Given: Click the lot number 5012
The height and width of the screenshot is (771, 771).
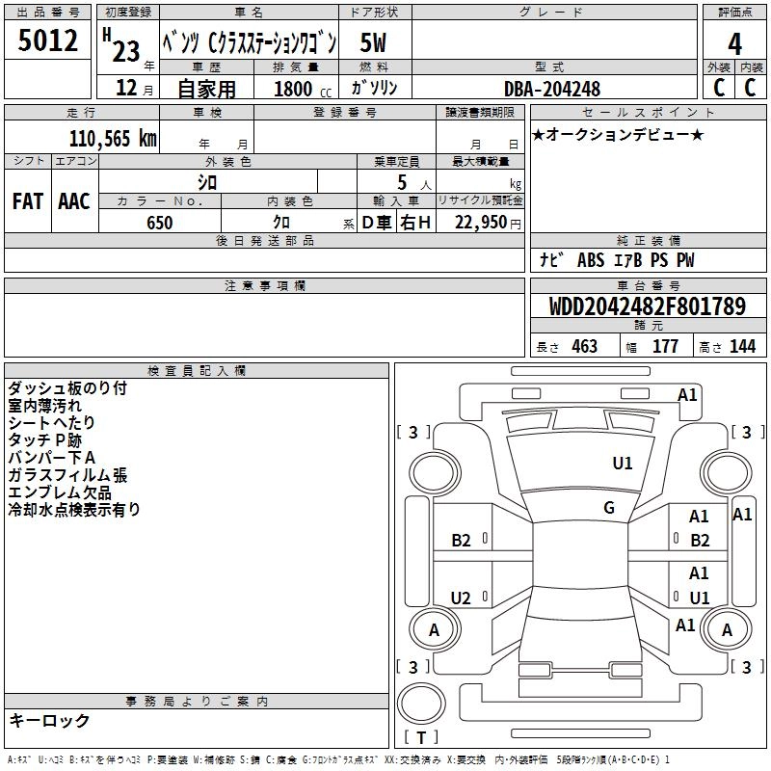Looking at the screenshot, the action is [x=48, y=41].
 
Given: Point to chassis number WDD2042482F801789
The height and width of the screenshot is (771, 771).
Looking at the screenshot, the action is [x=647, y=307].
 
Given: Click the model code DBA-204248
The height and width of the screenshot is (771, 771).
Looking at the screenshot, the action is [x=552, y=89].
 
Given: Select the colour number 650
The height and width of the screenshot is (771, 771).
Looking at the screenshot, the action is [x=160, y=223].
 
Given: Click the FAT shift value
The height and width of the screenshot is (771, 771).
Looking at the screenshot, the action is [x=28, y=201].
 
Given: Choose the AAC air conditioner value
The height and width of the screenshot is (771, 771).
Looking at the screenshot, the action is [x=74, y=201].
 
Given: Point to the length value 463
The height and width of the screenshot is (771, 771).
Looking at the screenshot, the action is [x=584, y=346].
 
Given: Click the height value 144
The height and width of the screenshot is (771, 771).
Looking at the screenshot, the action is [x=742, y=346].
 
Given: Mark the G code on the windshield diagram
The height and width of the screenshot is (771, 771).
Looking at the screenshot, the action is [x=609, y=507].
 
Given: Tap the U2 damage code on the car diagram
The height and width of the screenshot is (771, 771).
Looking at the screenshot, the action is [x=462, y=598].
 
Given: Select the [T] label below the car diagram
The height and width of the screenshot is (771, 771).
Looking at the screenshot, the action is [x=421, y=738].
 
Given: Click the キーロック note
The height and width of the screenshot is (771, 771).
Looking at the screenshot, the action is [x=49, y=720].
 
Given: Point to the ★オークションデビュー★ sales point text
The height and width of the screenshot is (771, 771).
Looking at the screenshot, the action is [x=618, y=134].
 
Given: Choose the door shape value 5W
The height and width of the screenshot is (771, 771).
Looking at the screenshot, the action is [x=374, y=42].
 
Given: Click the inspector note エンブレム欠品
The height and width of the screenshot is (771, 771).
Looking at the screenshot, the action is [x=61, y=492].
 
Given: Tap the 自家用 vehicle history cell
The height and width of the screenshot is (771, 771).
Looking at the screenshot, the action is [x=206, y=89].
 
